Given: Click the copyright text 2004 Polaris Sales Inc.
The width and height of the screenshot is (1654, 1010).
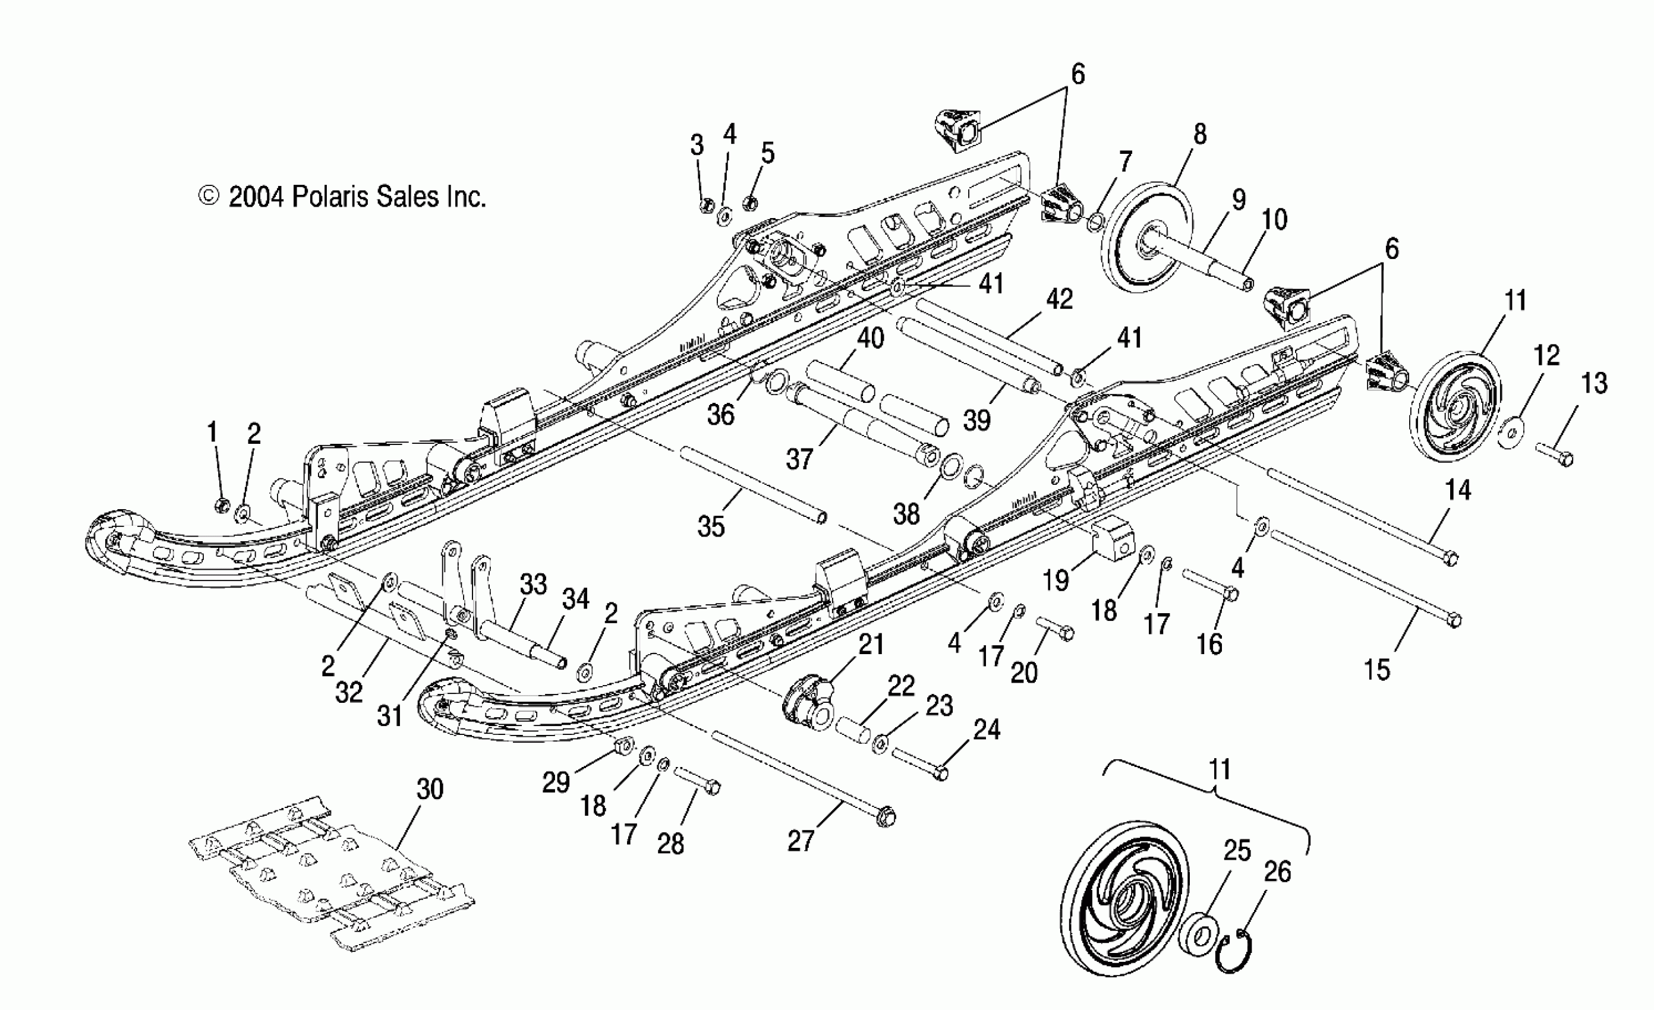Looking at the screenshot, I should tap(342, 197).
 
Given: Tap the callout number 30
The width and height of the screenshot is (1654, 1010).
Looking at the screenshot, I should tap(430, 789).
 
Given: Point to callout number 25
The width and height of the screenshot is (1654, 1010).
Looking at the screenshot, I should tap(1237, 851).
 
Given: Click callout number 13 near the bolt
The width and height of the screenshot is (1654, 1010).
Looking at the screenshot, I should tap(1594, 383).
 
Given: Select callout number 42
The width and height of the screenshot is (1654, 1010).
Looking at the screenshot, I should tap(1059, 299).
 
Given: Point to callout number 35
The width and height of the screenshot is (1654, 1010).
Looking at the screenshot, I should tap(711, 526).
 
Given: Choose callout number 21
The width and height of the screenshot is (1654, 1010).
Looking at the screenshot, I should tap(871, 644).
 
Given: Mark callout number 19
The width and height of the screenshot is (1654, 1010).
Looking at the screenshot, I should tap(1056, 579).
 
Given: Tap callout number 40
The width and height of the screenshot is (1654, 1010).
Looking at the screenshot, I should tap(870, 337).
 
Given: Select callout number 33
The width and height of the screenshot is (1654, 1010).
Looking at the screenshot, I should tap(533, 584).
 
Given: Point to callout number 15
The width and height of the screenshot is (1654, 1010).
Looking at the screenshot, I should tap(1378, 670).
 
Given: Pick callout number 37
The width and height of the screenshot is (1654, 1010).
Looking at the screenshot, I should tap(799, 459).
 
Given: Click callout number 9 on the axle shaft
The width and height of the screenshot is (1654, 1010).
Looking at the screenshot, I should tap(1239, 200).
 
